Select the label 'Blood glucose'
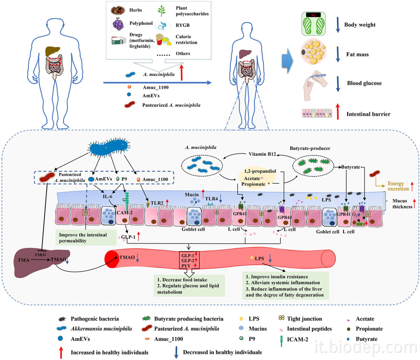(x=364, y=83)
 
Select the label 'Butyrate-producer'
(x=310, y=148)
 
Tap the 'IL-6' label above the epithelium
(x=107, y=197)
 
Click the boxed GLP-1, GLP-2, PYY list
(x=189, y=260)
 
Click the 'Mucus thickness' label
(x=402, y=204)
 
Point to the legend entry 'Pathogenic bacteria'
(x=94, y=319)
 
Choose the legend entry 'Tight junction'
(x=304, y=319)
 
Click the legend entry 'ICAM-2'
(x=297, y=339)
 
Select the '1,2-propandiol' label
(x=260, y=171)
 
